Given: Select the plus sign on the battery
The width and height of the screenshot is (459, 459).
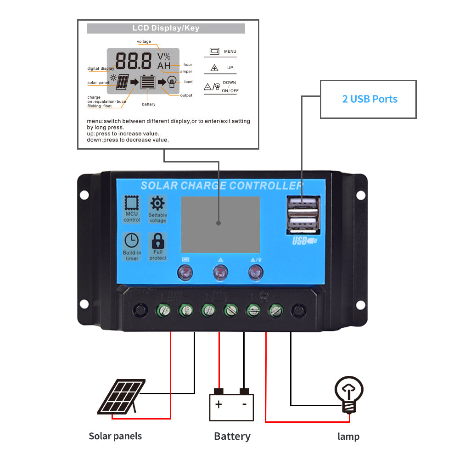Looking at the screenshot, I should click(219, 404).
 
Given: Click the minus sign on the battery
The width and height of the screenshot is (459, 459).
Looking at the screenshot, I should click(244, 404).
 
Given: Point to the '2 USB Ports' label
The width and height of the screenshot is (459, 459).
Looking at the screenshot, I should click(369, 99).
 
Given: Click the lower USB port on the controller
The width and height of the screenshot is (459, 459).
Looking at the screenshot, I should click(302, 224).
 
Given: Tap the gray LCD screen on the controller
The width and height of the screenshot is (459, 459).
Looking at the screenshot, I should click(220, 224).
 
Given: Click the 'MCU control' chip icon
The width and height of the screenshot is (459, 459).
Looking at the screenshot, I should click(132, 203).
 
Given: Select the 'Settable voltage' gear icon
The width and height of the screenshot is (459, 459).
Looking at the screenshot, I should click(158, 203).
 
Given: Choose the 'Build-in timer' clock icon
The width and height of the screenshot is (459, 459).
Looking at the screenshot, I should click(132, 241).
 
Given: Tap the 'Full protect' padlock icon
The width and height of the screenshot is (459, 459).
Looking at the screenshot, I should click(158, 241).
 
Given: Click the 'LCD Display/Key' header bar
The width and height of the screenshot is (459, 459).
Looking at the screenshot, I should click(166, 28).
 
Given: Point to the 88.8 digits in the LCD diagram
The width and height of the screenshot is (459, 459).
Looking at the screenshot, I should click(134, 61).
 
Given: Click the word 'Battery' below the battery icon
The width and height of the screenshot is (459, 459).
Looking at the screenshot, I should click(232, 436).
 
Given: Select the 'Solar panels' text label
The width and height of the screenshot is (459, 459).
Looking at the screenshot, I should click(115, 436).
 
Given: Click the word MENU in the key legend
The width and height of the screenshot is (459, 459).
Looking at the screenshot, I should click(230, 51).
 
